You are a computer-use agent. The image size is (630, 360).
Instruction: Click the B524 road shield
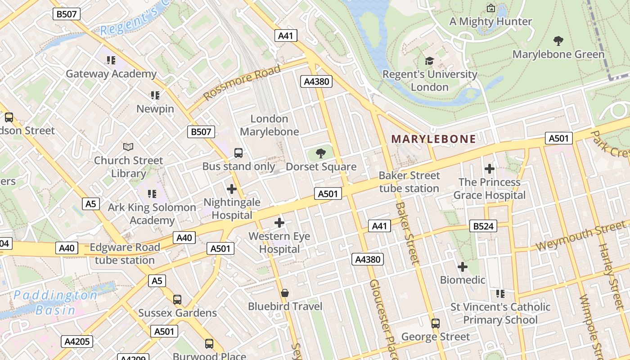[x=483, y=226]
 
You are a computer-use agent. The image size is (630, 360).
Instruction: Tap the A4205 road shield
[x=77, y=342]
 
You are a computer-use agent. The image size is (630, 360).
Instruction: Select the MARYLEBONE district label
[x=433, y=139]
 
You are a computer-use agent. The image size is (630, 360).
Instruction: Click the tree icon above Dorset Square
[x=321, y=154]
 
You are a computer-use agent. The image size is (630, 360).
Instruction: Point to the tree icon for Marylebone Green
[x=558, y=41]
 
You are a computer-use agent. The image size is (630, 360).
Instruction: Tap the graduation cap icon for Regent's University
[x=429, y=61]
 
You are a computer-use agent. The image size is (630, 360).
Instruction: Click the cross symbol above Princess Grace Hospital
[x=490, y=169]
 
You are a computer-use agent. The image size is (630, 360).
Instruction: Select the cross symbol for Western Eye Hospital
[x=279, y=223]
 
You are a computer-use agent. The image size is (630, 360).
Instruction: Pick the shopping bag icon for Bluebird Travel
[x=284, y=293]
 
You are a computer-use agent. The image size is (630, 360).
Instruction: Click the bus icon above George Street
[x=435, y=324]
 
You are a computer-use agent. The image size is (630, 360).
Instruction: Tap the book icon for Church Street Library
[x=128, y=147]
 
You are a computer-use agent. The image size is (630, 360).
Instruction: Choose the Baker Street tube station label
[x=409, y=182]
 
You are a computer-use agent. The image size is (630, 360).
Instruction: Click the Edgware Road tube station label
[x=125, y=254]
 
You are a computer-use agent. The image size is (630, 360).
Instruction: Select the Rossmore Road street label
[x=242, y=82]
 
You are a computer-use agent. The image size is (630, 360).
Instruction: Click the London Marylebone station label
[x=269, y=125]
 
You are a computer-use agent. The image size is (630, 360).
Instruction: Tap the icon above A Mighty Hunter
[x=491, y=8]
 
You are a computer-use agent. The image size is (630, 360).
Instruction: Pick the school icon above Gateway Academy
[x=111, y=60]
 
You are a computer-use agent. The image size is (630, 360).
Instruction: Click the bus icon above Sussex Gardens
[x=177, y=300]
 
